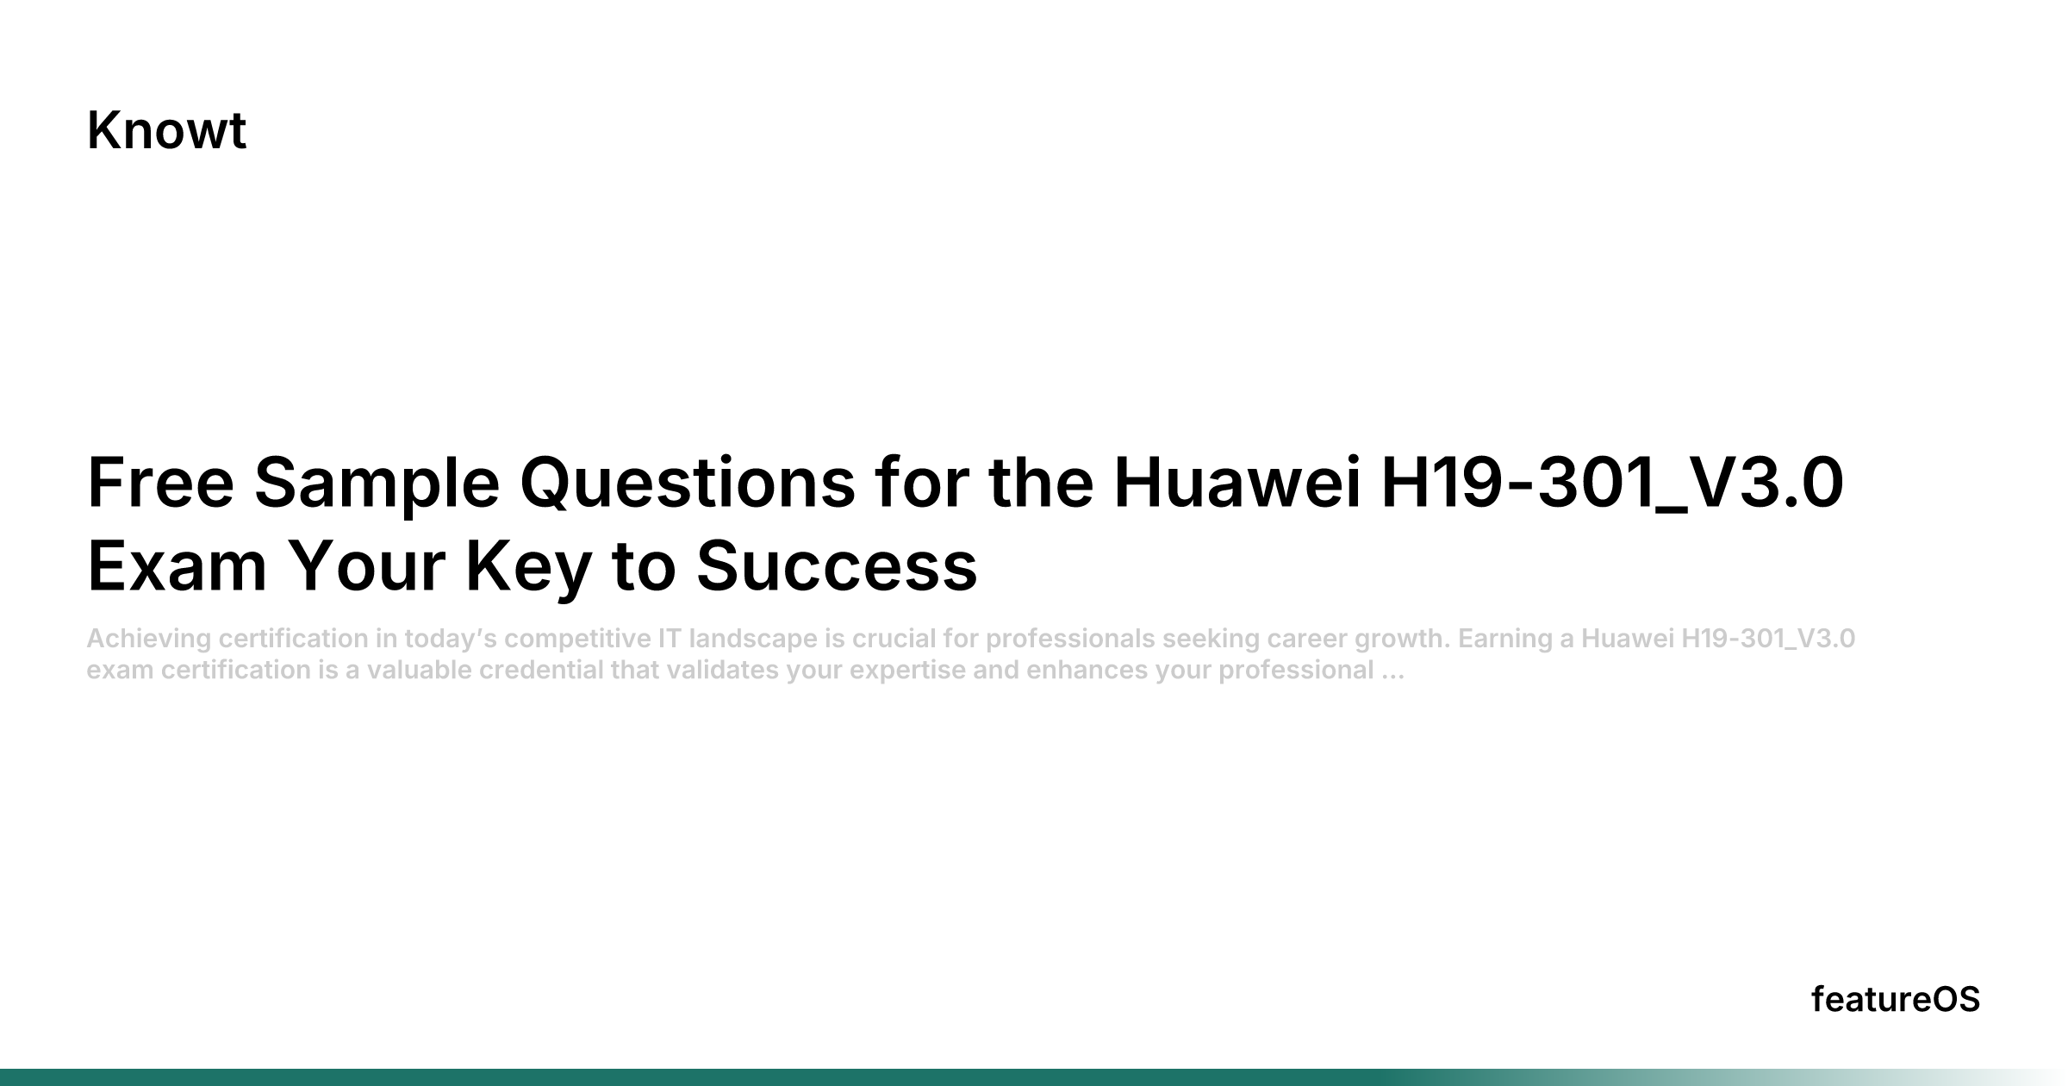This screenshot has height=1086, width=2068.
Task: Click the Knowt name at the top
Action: [166, 131]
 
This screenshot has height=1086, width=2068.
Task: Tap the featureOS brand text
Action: [1896, 1000]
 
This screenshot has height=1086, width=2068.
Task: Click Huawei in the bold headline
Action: [1237, 483]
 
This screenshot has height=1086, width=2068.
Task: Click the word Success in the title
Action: [837, 567]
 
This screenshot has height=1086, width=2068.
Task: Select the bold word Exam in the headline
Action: [177, 567]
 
